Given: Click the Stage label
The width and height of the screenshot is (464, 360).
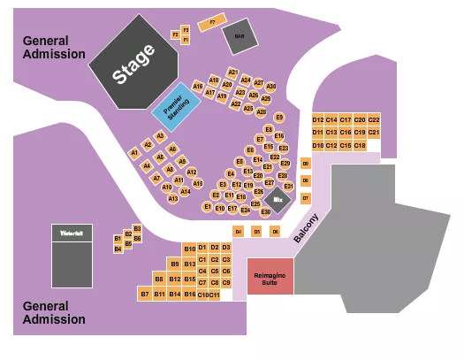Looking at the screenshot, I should click(x=133, y=65).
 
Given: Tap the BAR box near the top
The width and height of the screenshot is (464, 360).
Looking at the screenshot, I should click(x=239, y=36).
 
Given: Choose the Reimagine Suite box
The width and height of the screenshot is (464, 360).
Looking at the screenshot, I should click(x=270, y=276).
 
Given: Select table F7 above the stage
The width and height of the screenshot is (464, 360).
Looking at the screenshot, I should click(x=212, y=22).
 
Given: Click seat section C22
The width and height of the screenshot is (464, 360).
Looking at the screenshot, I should click(x=374, y=119).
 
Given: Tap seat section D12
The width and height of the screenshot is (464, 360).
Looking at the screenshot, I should click(x=318, y=119).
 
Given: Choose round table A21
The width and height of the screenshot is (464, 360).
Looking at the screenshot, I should click(x=233, y=72).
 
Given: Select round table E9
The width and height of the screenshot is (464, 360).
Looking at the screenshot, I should click(x=279, y=117).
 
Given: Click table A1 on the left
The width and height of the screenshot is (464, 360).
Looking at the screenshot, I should click(x=135, y=152).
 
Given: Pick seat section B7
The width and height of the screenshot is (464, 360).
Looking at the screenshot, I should click(x=145, y=293).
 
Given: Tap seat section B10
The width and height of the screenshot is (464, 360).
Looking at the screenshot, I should click(x=189, y=248).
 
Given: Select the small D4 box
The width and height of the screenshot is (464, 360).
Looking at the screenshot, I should click(x=238, y=231).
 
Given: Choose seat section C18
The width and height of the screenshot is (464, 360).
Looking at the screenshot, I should click(x=360, y=144).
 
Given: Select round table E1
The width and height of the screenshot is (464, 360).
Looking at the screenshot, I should click(x=208, y=206).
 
